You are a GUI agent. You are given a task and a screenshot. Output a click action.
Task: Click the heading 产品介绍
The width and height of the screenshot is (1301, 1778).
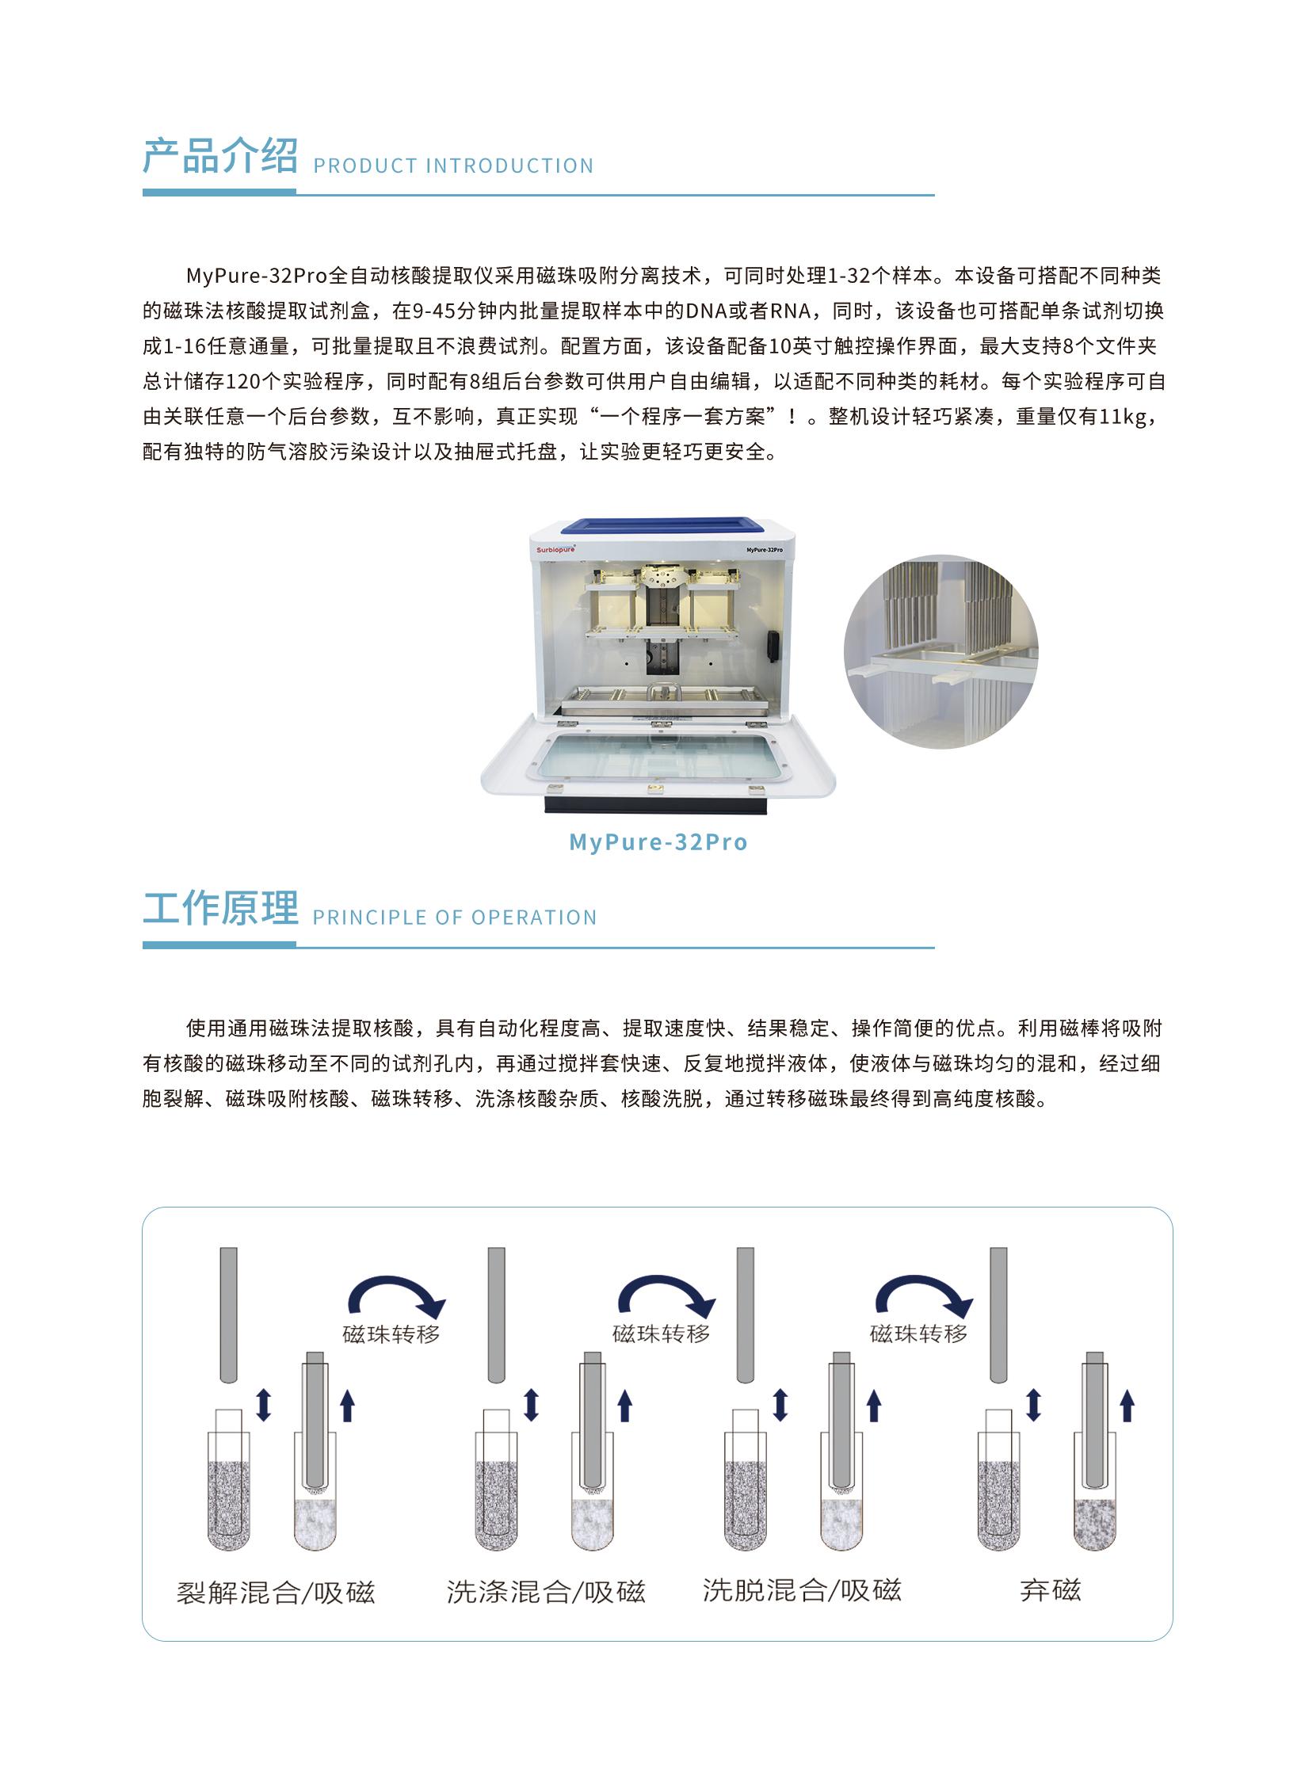tap(219, 156)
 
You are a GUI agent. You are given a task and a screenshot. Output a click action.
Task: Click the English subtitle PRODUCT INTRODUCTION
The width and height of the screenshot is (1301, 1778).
tap(453, 166)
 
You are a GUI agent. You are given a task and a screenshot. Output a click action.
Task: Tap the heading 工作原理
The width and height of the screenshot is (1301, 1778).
tap(219, 908)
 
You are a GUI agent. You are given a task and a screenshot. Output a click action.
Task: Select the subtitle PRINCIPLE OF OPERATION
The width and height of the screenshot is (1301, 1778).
tap(455, 918)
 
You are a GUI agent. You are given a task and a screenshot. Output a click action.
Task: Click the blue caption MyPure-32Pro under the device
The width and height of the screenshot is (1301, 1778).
tap(658, 841)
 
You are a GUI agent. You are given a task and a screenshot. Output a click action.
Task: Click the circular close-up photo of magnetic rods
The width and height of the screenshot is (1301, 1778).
tap(940, 651)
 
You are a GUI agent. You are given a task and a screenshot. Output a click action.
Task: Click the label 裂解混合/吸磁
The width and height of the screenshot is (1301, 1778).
tap(275, 1593)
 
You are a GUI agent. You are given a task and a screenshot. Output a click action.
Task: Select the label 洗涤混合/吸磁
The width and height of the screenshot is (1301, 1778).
tap(545, 1592)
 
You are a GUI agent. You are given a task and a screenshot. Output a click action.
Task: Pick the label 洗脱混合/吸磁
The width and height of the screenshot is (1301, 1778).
tap(801, 1590)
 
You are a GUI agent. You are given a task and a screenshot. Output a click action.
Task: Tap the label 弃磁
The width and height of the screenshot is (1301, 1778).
tap(1050, 1590)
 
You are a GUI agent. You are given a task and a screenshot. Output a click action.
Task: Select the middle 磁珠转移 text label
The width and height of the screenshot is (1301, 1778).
tap(661, 1333)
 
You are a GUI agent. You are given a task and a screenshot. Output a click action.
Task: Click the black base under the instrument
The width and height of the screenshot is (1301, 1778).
tap(657, 804)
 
